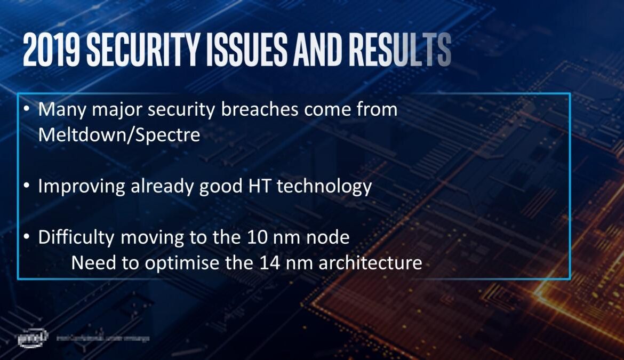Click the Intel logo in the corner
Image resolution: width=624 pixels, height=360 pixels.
click(33, 338)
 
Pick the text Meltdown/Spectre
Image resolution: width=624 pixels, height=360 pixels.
click(119, 134)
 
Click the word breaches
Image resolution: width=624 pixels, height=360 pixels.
click(253, 110)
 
